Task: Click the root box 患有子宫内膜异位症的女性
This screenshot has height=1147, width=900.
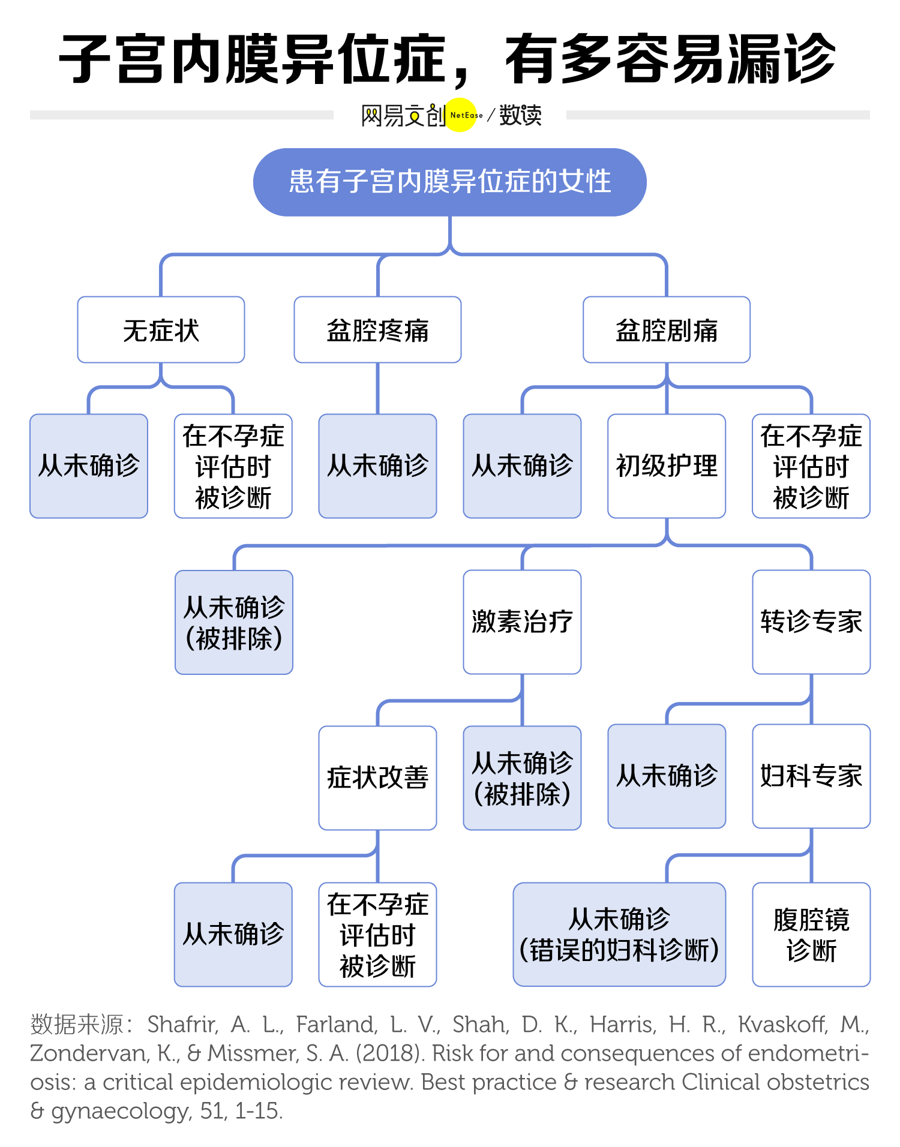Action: click(450, 182)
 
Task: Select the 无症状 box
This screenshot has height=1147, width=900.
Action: click(161, 330)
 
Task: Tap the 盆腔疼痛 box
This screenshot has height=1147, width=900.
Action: click(377, 330)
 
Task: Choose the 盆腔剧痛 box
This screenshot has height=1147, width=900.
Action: click(667, 330)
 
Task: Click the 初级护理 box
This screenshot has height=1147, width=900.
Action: click(667, 466)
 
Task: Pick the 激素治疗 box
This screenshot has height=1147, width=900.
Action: click(522, 622)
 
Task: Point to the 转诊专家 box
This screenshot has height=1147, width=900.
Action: click(811, 622)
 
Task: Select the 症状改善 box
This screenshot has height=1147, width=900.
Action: click(377, 778)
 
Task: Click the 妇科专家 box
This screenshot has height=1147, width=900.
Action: click(811, 776)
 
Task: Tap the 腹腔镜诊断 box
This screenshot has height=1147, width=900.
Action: click(811, 935)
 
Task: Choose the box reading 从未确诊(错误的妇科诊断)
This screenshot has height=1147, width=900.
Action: click(619, 935)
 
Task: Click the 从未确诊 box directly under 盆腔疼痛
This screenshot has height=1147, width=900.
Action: click(377, 466)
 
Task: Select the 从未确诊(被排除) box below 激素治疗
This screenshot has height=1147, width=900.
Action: click(522, 778)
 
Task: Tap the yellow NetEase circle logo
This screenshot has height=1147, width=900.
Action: click(461, 115)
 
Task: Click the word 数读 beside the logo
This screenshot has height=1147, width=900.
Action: click(520, 115)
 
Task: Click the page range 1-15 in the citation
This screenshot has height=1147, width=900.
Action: click(258, 1111)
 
